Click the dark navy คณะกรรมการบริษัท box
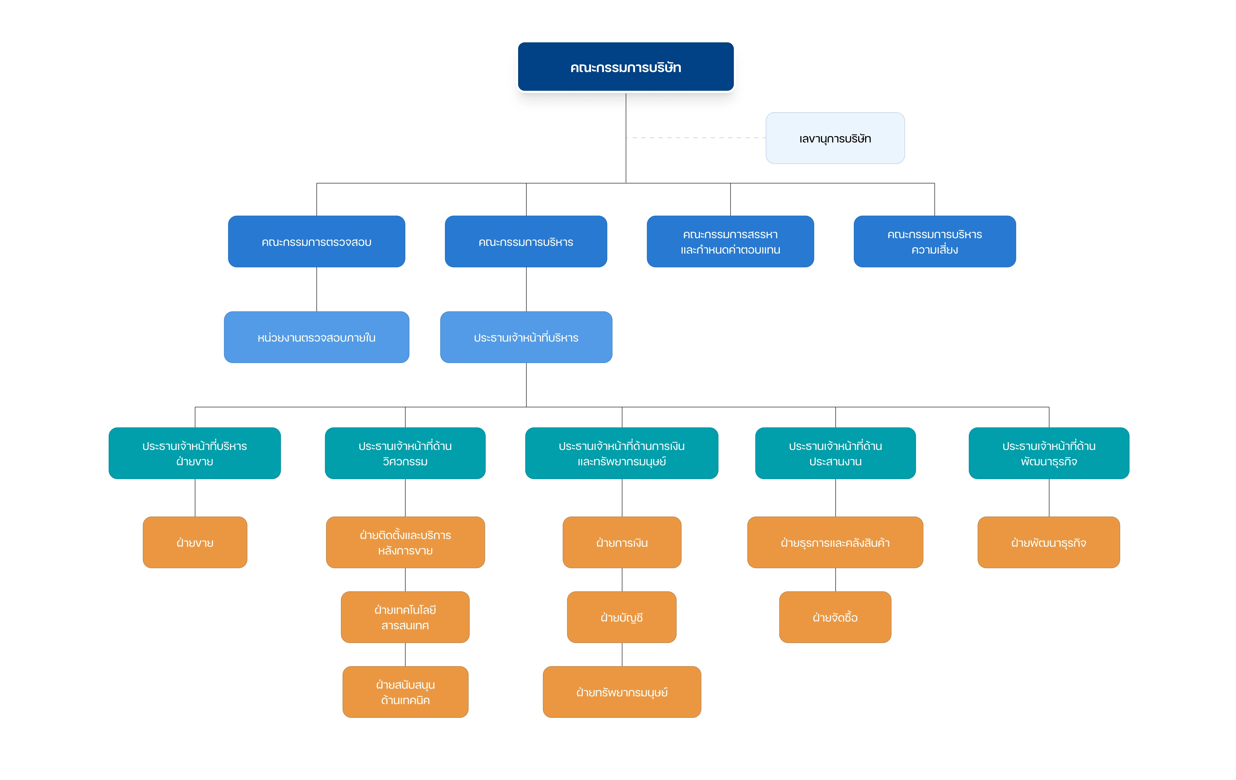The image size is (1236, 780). click(x=626, y=67)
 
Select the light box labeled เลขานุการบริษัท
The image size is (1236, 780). click(x=835, y=138)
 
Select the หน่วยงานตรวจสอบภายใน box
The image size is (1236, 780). click(x=317, y=337)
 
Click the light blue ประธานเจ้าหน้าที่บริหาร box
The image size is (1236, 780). click(x=526, y=337)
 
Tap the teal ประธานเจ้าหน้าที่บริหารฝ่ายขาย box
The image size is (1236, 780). click(x=195, y=453)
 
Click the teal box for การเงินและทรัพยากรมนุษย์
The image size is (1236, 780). click(x=622, y=453)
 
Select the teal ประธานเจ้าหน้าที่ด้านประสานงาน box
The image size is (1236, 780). click(x=836, y=453)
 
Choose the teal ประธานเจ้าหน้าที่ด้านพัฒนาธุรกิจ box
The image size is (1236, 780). click(x=1049, y=453)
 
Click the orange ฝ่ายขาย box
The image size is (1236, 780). click(x=195, y=542)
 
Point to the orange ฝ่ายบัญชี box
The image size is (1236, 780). click(x=622, y=617)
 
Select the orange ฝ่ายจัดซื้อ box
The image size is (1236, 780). click(x=835, y=617)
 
